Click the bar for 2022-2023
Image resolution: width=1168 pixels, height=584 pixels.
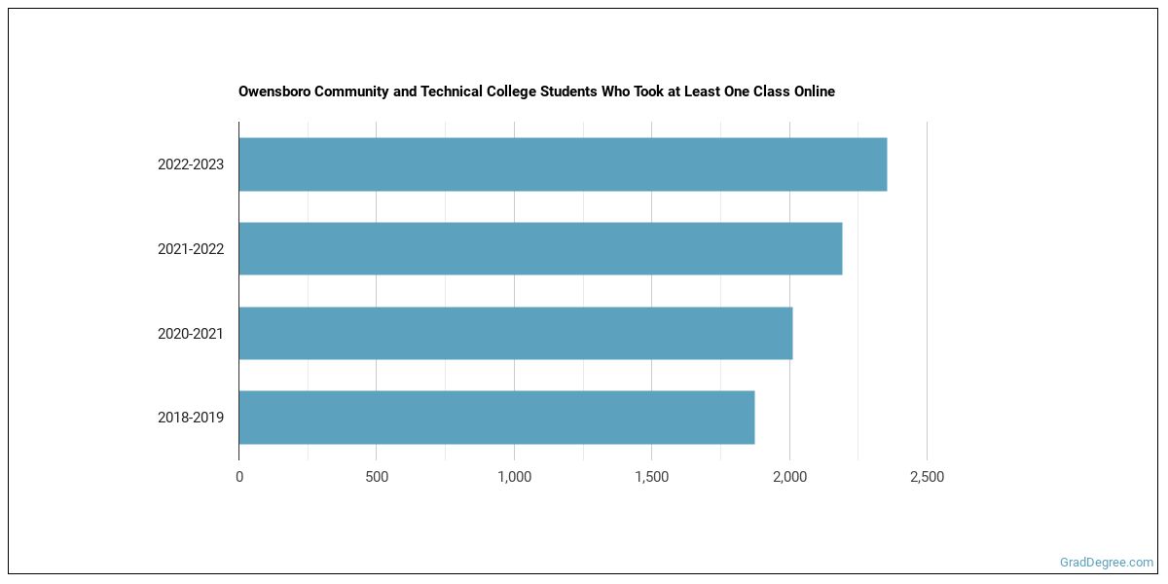[563, 164]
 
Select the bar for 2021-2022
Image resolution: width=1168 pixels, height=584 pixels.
[540, 248]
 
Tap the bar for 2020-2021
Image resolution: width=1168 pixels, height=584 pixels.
[515, 333]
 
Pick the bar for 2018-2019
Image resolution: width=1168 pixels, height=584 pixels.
[496, 418]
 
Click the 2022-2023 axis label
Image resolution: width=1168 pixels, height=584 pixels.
[191, 164]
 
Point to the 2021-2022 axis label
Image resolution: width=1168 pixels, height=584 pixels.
[191, 249]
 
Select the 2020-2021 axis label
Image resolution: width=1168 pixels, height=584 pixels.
[191, 334]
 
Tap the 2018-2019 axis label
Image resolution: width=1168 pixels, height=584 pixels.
[191, 418]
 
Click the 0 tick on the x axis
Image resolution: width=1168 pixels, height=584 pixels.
[239, 477]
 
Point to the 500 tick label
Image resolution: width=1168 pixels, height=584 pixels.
[377, 477]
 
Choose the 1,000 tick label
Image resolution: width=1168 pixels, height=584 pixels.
[514, 477]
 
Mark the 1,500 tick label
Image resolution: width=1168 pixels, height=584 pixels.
[651, 477]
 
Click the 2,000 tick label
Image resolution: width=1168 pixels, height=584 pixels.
[789, 477]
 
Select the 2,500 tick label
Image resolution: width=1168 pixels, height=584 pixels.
[927, 477]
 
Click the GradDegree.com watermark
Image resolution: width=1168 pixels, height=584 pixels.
[1107, 562]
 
